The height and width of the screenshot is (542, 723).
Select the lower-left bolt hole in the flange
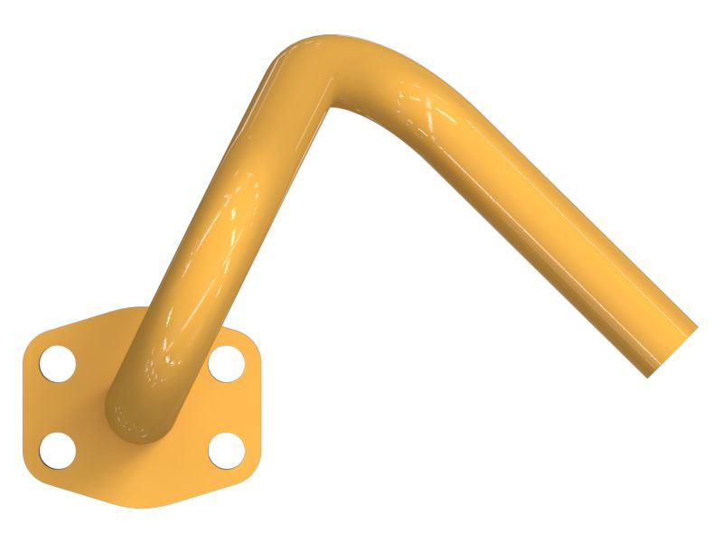(x=58, y=449)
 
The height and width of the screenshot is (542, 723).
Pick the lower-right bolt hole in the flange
(x=226, y=449)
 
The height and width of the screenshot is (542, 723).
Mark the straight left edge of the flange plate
(x=24, y=406)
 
